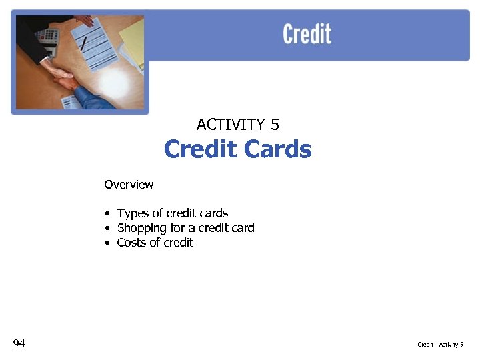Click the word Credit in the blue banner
(x=307, y=33)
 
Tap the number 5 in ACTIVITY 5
(x=275, y=125)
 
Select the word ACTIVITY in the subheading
(x=230, y=125)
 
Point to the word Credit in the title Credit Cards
(x=201, y=149)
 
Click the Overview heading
(x=129, y=185)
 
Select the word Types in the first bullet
(x=133, y=214)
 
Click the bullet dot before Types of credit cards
(x=107, y=214)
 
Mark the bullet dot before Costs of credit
(x=107, y=243)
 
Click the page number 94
(x=19, y=343)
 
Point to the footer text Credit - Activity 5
(x=440, y=345)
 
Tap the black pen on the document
(x=84, y=43)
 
